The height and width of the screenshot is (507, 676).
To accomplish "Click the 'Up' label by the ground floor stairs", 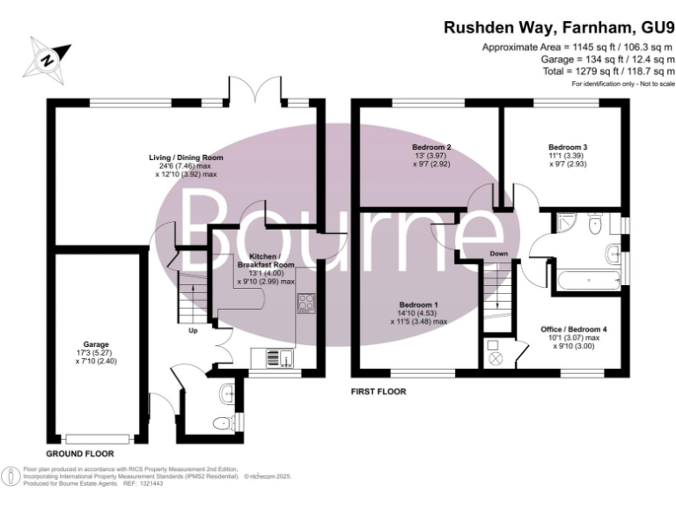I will tap(193, 331).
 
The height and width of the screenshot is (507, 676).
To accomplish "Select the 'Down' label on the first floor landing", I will tap(499, 254).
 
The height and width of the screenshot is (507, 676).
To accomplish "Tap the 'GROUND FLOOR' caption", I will tap(79, 452).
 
